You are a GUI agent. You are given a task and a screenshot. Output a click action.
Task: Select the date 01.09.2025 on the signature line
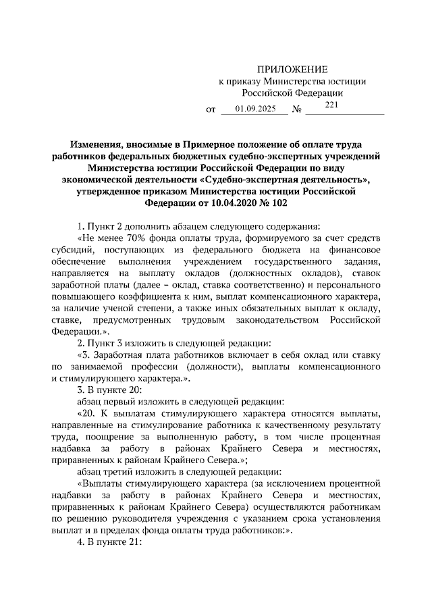coord(252,109)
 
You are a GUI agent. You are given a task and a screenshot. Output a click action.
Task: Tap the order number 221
coord(331,105)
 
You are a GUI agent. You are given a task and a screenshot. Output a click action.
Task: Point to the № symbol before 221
coord(296,109)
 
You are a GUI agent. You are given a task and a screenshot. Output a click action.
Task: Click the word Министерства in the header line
coord(286,81)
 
